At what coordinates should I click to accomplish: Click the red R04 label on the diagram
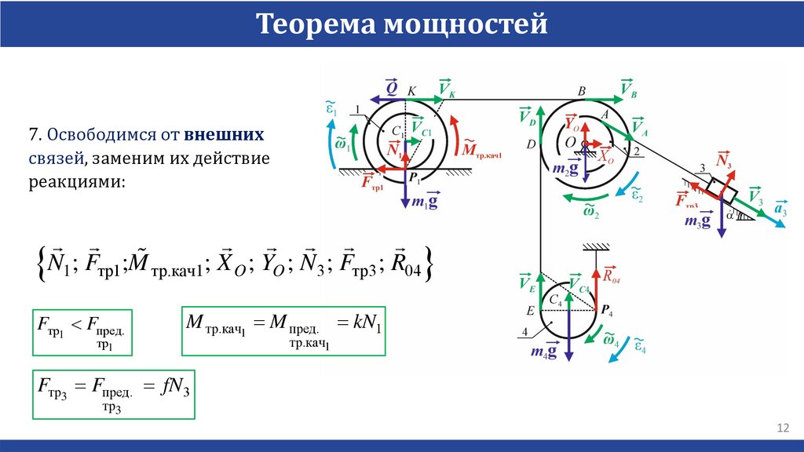(612, 275)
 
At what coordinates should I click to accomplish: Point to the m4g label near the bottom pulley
(542, 352)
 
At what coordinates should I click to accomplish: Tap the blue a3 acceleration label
(780, 210)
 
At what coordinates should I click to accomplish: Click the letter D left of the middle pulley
(532, 144)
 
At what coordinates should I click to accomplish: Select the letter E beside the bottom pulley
(530, 311)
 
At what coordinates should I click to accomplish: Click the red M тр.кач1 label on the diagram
(481, 149)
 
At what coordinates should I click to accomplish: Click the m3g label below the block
(697, 221)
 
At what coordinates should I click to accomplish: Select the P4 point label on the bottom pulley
(607, 311)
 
